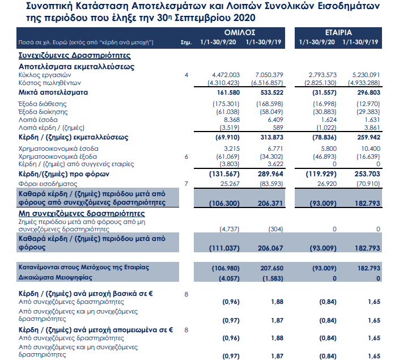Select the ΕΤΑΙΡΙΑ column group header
click(339, 32)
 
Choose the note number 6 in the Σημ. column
click(186, 156)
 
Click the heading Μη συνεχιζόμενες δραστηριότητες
click(82, 213)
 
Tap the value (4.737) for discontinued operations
click(228, 230)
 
